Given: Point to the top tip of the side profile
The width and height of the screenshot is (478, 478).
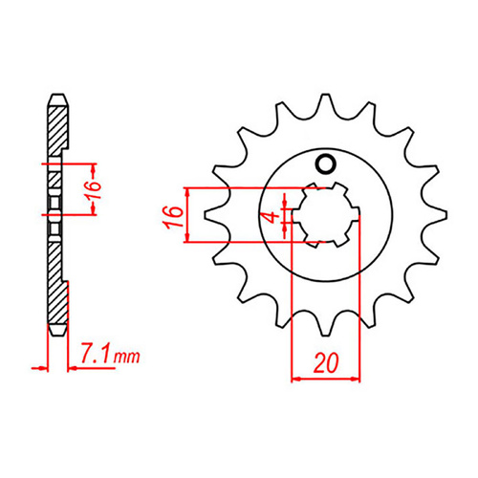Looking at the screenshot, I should tap(57, 95).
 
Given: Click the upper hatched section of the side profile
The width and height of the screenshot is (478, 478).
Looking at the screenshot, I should tap(57, 129).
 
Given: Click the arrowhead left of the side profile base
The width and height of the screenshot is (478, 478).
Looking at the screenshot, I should tap(42, 365).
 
